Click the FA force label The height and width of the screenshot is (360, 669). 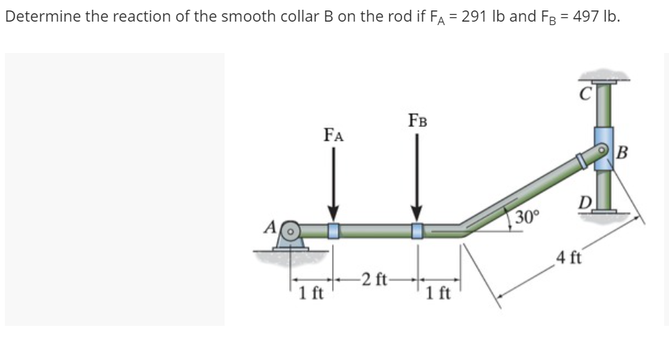333,133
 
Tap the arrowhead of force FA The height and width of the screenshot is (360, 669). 334,211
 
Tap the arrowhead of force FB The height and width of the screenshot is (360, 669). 417,211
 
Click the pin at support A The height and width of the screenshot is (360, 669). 293,230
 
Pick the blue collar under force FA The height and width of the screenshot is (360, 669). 334,230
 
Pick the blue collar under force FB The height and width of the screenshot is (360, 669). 417,230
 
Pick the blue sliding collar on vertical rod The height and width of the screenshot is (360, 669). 603,145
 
